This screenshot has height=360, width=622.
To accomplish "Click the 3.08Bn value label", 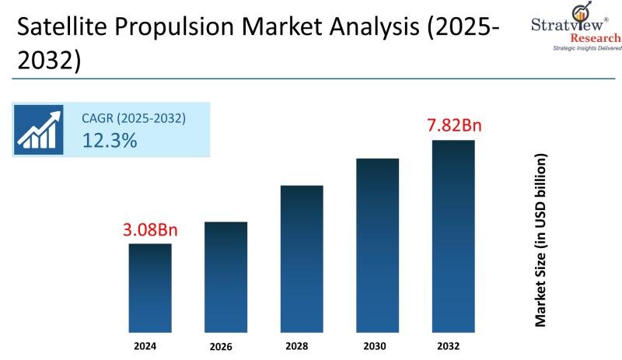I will tap(150, 230).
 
